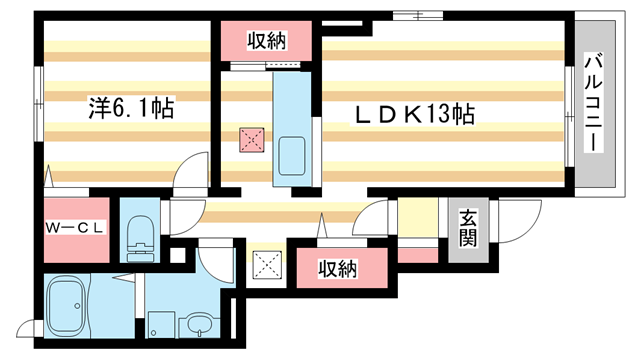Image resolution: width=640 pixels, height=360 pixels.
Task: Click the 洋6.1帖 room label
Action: [x=131, y=108]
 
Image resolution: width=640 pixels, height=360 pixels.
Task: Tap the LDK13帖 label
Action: [x=415, y=114]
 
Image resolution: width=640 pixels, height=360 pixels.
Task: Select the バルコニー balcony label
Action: [x=593, y=103]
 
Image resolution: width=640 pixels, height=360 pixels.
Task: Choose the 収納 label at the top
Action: [x=267, y=40]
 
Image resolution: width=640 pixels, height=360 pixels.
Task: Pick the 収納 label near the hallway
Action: [x=338, y=269]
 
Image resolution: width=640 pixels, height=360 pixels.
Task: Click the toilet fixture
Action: [x=140, y=239]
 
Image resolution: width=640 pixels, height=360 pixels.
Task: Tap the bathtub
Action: [x=66, y=305]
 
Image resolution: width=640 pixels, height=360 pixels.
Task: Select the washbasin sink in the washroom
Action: [x=199, y=325]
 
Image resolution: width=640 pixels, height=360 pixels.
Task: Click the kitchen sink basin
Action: [x=292, y=156]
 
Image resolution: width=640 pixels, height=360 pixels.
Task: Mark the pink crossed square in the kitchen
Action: [x=251, y=140]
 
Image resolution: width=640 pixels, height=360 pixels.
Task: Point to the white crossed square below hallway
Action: [x=267, y=265]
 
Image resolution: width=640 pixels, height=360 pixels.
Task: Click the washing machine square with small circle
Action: [x=161, y=325]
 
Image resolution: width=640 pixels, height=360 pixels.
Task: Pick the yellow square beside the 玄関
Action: [x=418, y=218]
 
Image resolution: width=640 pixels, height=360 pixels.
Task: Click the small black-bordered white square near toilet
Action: [x=178, y=255]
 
